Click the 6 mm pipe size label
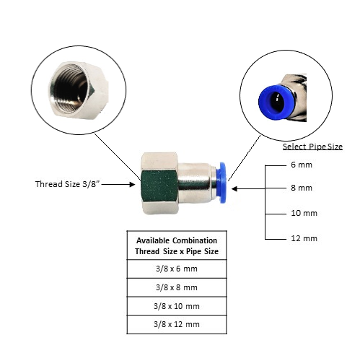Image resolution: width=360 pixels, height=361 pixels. click(302, 165)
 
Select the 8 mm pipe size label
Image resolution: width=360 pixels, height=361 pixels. click(302, 188)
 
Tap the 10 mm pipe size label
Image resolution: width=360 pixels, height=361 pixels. click(304, 213)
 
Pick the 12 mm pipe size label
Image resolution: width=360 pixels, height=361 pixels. click(304, 238)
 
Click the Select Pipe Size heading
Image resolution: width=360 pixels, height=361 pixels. click(312, 147)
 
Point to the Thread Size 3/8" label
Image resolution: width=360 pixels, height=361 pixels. click(67, 184)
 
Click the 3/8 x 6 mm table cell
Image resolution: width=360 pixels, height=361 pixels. click(177, 269)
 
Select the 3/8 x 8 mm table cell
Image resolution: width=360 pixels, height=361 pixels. click(177, 287)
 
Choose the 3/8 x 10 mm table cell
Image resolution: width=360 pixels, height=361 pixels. click(177, 306)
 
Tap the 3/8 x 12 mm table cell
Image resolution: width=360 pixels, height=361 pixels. click(177, 324)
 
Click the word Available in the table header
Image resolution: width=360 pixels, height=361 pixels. click(153, 240)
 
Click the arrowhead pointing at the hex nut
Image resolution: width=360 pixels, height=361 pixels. click(132, 185)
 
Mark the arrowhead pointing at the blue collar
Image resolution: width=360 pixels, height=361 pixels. click(234, 188)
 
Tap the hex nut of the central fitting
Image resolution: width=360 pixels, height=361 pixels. click(159, 183)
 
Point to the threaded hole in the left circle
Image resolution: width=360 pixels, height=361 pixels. click(70, 92)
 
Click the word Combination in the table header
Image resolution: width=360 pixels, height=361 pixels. click(195, 240)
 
